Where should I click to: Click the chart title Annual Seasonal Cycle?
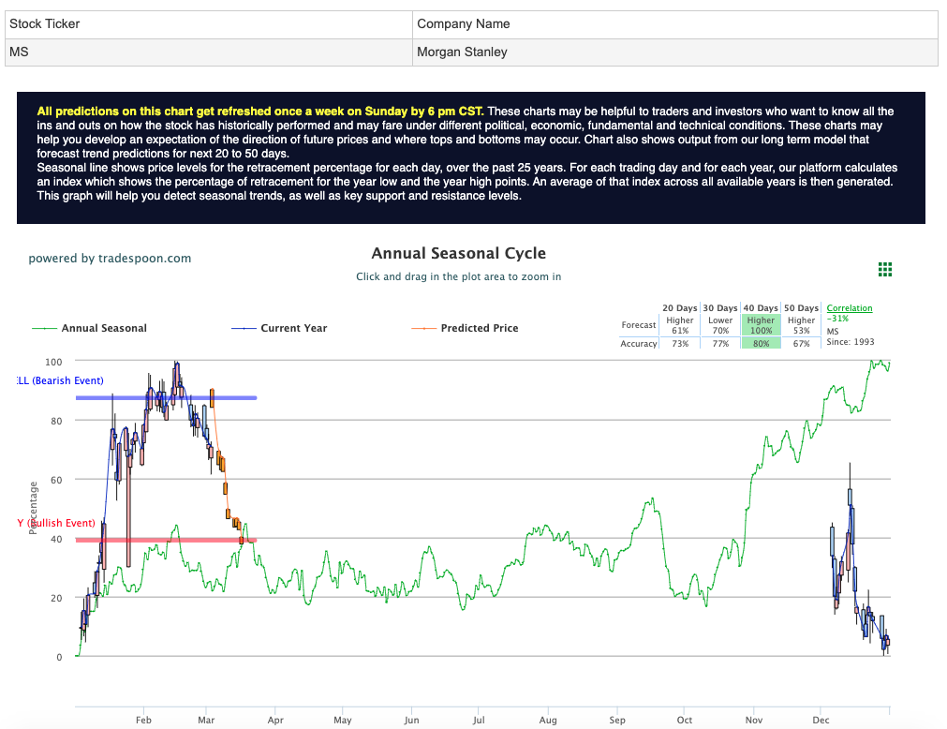point(458,253)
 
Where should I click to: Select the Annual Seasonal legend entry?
point(103,328)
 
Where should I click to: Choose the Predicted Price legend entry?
point(479,328)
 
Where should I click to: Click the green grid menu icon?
point(885,270)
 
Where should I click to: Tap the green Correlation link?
point(849,308)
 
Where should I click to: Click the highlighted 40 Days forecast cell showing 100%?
point(761,325)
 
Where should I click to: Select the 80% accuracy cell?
point(761,344)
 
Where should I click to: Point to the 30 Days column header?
point(720,308)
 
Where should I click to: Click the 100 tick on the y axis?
point(53,362)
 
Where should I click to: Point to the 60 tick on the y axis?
point(56,480)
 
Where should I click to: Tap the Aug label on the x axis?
point(548,720)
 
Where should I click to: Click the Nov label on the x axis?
point(754,720)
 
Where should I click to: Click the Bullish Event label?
point(57,523)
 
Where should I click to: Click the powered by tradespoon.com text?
point(110,259)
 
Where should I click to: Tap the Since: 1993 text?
point(851,342)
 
